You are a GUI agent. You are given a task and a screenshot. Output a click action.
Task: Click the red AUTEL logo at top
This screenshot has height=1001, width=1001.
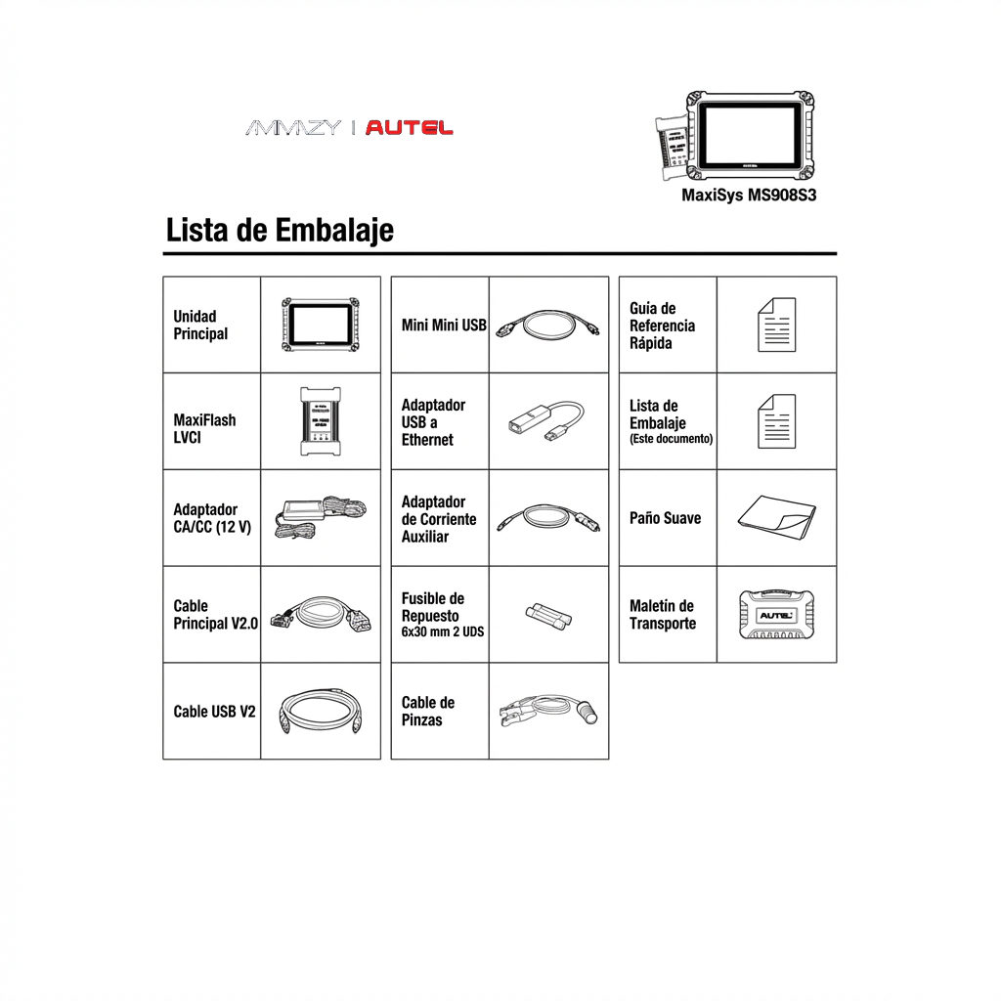tap(410, 128)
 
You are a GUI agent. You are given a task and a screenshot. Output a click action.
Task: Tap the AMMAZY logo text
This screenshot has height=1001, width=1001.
tap(293, 128)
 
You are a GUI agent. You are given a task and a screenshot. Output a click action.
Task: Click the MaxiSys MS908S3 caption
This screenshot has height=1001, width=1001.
tap(748, 196)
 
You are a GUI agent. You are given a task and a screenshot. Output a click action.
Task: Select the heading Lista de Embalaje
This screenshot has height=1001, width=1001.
tap(280, 231)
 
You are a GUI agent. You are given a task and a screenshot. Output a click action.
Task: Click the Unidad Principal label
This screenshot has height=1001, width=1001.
tap(200, 326)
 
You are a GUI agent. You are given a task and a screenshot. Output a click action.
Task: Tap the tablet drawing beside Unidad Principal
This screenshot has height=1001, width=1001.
tap(320, 324)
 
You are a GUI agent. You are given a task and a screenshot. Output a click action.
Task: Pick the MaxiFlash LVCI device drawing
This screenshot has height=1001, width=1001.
tap(320, 421)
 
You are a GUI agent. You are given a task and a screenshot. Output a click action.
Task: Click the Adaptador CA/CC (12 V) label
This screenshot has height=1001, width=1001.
tap(211, 518)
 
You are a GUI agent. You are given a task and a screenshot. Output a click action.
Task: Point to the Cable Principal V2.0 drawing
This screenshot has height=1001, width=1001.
tap(320, 616)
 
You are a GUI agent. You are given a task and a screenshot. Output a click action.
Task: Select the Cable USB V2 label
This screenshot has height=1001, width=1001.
tap(214, 712)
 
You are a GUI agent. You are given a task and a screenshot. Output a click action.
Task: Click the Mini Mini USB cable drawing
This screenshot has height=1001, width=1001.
tap(547, 325)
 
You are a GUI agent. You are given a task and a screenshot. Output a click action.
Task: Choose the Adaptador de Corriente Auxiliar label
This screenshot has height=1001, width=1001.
tap(438, 519)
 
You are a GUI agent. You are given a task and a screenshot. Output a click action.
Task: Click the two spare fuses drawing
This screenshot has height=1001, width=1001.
tap(548, 616)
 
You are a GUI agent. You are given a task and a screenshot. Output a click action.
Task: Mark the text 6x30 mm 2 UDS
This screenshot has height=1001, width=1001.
tap(442, 632)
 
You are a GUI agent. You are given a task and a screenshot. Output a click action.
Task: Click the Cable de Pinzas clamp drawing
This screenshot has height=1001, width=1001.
tap(547, 711)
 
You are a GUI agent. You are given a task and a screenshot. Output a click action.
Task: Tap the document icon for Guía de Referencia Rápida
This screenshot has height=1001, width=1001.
tap(776, 325)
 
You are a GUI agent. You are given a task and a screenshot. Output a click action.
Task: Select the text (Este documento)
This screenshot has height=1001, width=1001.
tap(671, 439)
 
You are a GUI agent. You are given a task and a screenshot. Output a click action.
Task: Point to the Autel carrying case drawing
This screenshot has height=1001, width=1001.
tap(776, 616)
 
